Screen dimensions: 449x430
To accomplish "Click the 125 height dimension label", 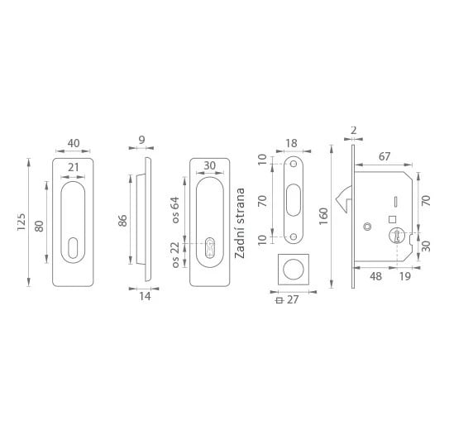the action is click(x=21, y=222).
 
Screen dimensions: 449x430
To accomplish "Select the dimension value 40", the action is click(x=74, y=143).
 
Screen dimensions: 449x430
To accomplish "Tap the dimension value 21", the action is click(x=73, y=167).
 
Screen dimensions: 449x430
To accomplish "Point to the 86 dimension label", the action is click(x=122, y=221).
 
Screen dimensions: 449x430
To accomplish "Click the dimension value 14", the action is click(x=145, y=296).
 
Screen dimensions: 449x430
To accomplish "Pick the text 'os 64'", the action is click(x=175, y=210).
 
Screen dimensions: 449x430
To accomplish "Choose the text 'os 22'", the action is click(x=175, y=255).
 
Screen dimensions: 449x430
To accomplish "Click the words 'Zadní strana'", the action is click(x=240, y=223).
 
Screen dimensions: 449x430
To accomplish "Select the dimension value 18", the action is click(x=292, y=143).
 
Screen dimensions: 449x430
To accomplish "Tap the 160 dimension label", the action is click(x=323, y=217).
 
